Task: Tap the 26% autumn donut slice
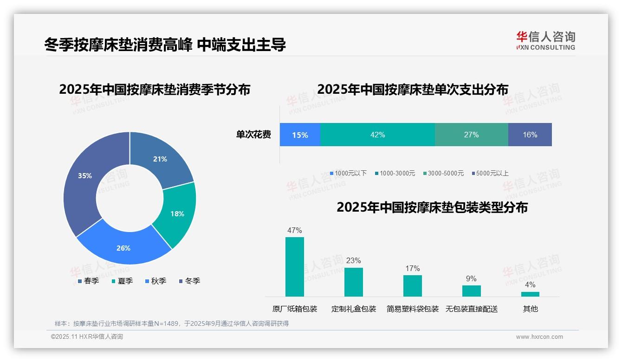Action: pyautogui.click(x=123, y=248)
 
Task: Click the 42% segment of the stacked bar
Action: pyautogui.click(x=377, y=135)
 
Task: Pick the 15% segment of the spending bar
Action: pyautogui.click(x=300, y=135)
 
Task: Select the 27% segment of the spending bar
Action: pyautogui.click(x=471, y=135)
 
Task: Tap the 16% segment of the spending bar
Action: pyautogui.click(x=530, y=135)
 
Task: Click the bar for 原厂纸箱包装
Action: pyautogui.click(x=294, y=267)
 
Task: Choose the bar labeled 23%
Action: pyautogui.click(x=353, y=282)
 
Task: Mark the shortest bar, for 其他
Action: pyautogui.click(x=530, y=294)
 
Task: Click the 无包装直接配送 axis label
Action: pyautogui.click(x=471, y=309)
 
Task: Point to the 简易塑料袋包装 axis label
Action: pyautogui.click(x=412, y=309)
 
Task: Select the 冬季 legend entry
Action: pyautogui.click(x=189, y=281)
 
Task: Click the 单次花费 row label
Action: pyautogui.click(x=253, y=135)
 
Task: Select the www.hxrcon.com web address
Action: pyautogui.click(x=539, y=337)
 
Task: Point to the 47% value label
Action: pyautogui.click(x=294, y=230)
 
